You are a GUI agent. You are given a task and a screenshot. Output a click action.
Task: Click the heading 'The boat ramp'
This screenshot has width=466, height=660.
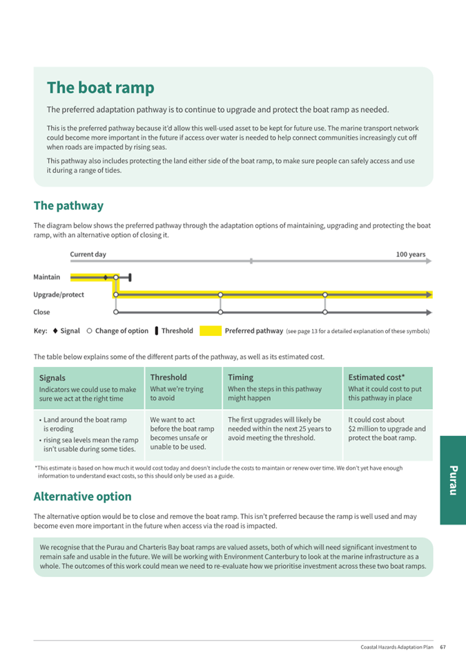click(x=100, y=88)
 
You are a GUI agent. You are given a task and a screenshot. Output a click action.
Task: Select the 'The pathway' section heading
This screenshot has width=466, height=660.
click(x=68, y=205)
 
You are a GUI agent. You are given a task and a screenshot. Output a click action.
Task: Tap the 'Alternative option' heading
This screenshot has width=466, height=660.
click(x=82, y=496)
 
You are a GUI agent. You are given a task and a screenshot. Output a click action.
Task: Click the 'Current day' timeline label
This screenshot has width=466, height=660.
click(x=88, y=254)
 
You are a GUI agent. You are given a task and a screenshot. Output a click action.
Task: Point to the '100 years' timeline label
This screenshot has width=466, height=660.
click(x=410, y=254)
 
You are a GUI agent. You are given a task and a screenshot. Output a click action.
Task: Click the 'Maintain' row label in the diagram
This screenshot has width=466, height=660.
click(x=46, y=277)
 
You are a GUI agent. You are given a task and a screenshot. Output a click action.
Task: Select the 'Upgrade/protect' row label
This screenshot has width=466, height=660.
click(x=59, y=294)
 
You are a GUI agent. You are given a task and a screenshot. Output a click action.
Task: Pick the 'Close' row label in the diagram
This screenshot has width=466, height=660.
click(x=41, y=312)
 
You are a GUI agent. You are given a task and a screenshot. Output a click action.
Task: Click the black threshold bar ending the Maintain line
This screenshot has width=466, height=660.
click(x=130, y=277)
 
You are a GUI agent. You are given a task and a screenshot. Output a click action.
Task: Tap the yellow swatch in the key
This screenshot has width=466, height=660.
click(x=211, y=331)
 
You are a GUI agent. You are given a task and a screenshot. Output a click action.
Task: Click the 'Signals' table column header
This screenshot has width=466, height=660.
click(x=52, y=378)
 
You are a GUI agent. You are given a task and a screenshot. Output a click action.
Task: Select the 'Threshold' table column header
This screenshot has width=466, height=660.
click(x=168, y=377)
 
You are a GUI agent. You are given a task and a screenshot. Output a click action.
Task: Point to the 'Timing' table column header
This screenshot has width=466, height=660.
click(x=240, y=377)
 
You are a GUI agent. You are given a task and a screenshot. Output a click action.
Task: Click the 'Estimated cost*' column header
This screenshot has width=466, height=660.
click(x=376, y=377)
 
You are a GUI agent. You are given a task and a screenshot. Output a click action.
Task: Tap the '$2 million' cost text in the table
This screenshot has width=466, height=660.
click(x=366, y=428)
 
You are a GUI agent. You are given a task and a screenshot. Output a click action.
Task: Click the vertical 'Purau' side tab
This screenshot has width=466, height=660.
click(x=452, y=480)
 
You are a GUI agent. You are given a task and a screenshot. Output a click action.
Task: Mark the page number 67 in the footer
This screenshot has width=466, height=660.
click(x=443, y=647)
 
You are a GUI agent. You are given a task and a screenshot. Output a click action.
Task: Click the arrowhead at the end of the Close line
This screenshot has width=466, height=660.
click(x=429, y=312)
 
